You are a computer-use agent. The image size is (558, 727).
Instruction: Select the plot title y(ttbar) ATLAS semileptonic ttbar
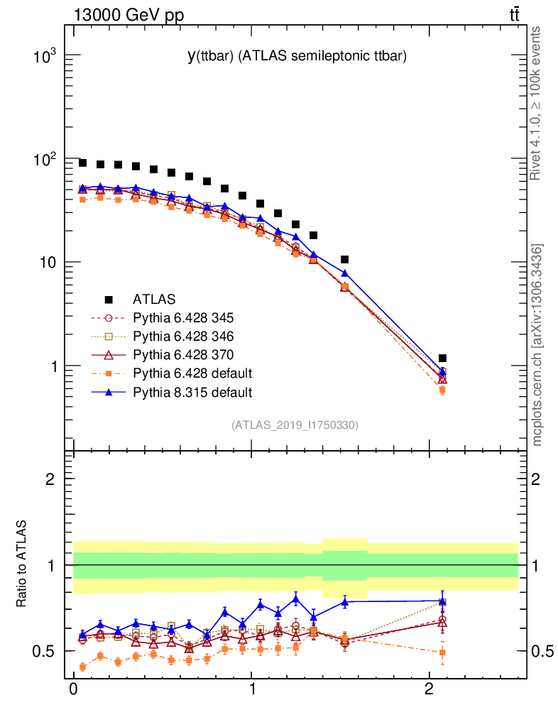click(296, 58)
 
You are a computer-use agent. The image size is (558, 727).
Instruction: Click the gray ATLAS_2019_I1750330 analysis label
click(295, 425)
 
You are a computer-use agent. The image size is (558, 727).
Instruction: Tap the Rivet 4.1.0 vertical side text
click(536, 103)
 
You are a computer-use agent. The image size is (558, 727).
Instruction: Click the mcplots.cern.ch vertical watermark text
click(537, 345)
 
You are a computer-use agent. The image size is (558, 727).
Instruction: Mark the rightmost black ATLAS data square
click(442, 359)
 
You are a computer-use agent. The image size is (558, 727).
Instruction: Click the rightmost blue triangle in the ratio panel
click(442, 601)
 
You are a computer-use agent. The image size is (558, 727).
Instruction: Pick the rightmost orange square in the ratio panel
click(442, 652)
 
